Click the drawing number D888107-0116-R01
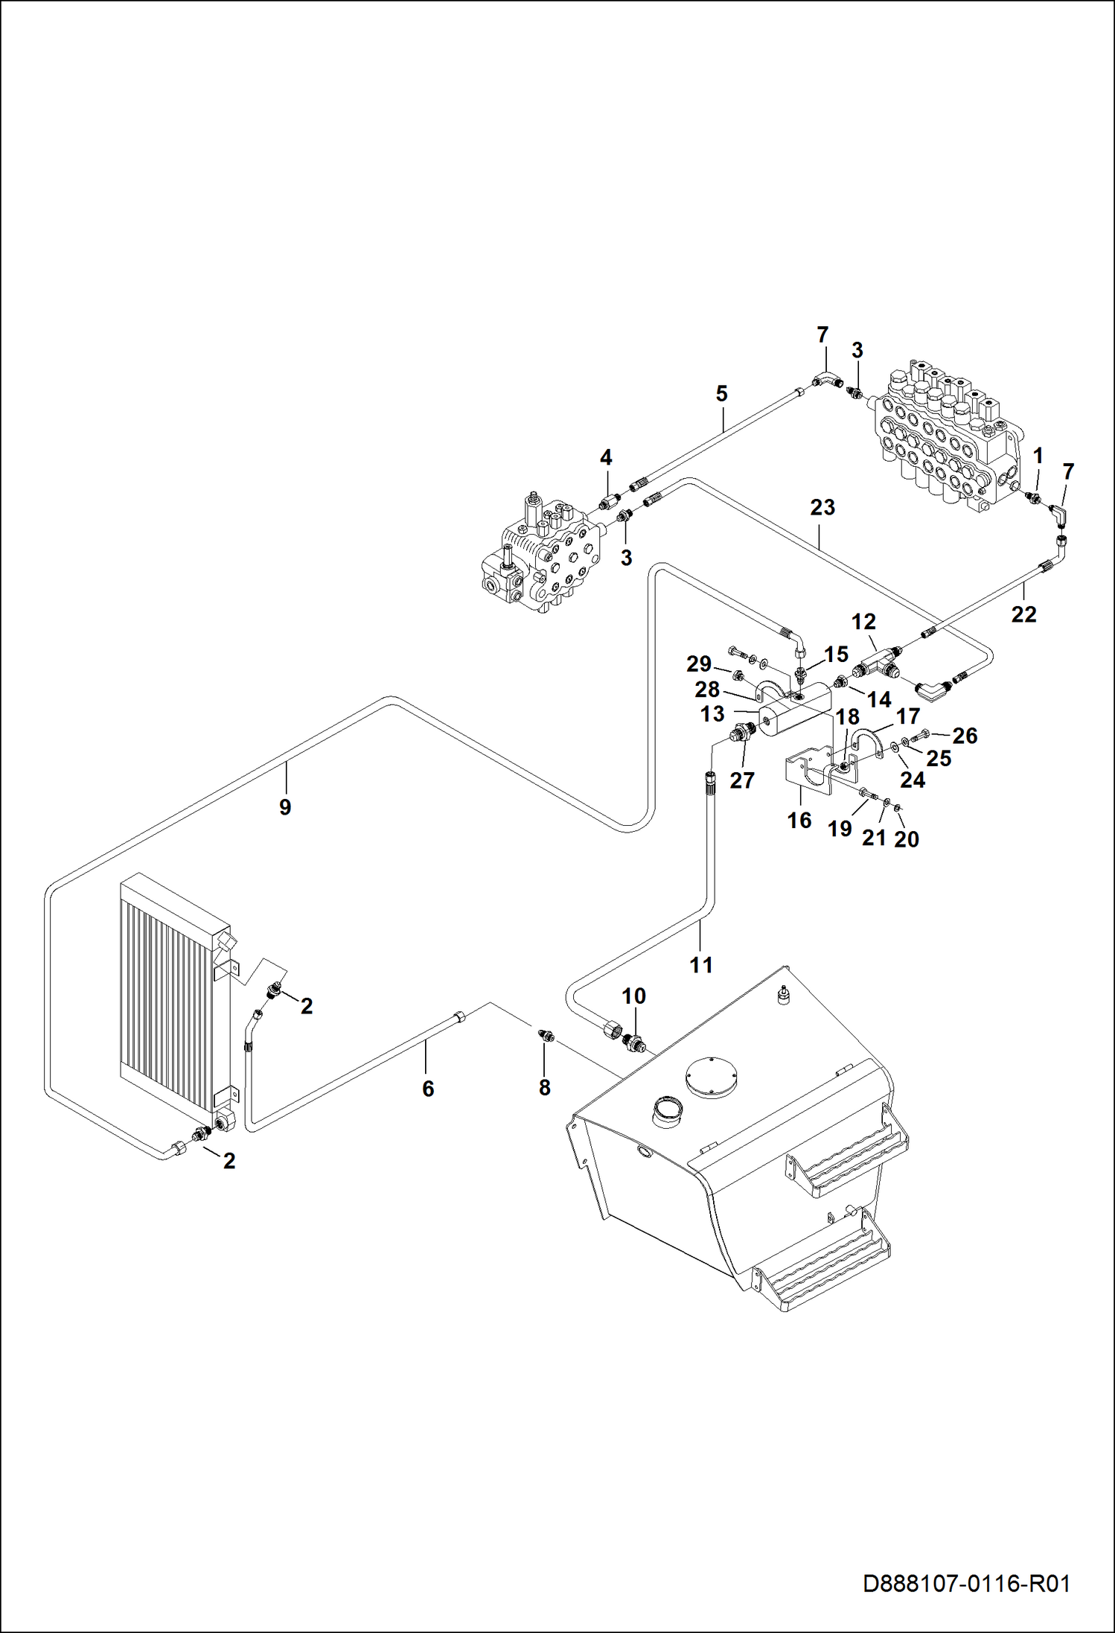point(966,1583)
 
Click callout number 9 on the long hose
point(285,807)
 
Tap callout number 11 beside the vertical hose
point(701,965)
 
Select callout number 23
point(822,507)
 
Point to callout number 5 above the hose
point(721,393)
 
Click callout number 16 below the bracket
point(799,821)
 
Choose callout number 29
point(699,663)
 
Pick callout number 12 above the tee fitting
point(863,621)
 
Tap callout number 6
point(428,1089)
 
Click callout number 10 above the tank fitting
point(634,996)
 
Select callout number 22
point(1024,614)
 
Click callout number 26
point(965,736)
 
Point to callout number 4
point(606,457)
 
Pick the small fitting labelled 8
point(545,1035)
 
